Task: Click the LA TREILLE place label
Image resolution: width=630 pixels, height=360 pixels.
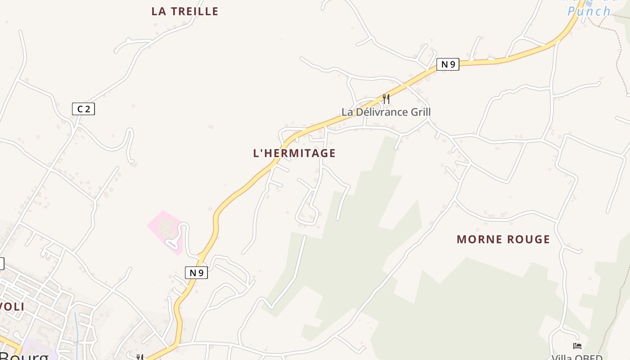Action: pos(184,11)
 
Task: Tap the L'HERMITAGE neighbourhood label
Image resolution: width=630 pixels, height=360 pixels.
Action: pos(294,153)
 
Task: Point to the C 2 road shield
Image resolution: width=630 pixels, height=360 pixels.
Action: pos(83,109)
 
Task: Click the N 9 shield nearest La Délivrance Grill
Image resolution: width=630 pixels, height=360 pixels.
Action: pos(448,64)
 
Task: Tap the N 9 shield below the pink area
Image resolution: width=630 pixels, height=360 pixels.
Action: pos(196,272)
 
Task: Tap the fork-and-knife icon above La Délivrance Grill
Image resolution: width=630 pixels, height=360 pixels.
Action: pos(386,98)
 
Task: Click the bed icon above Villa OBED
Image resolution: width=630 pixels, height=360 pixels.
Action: pos(577,346)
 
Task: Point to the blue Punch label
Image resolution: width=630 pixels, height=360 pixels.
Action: pos(589,11)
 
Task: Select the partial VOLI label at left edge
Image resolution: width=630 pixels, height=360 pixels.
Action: pos(12,307)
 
